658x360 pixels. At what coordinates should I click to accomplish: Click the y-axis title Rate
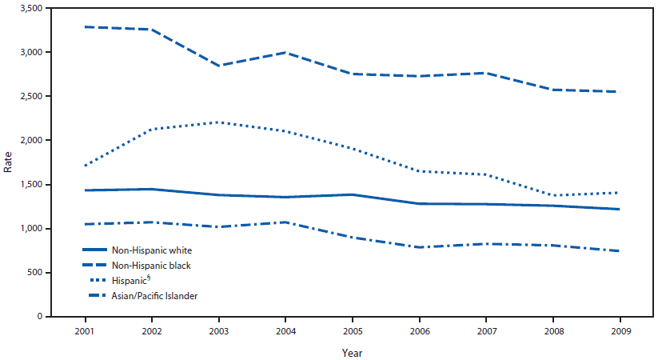click(9, 162)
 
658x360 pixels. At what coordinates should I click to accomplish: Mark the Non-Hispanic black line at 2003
click(221, 66)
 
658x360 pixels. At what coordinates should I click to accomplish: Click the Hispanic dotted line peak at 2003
click(221, 122)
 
